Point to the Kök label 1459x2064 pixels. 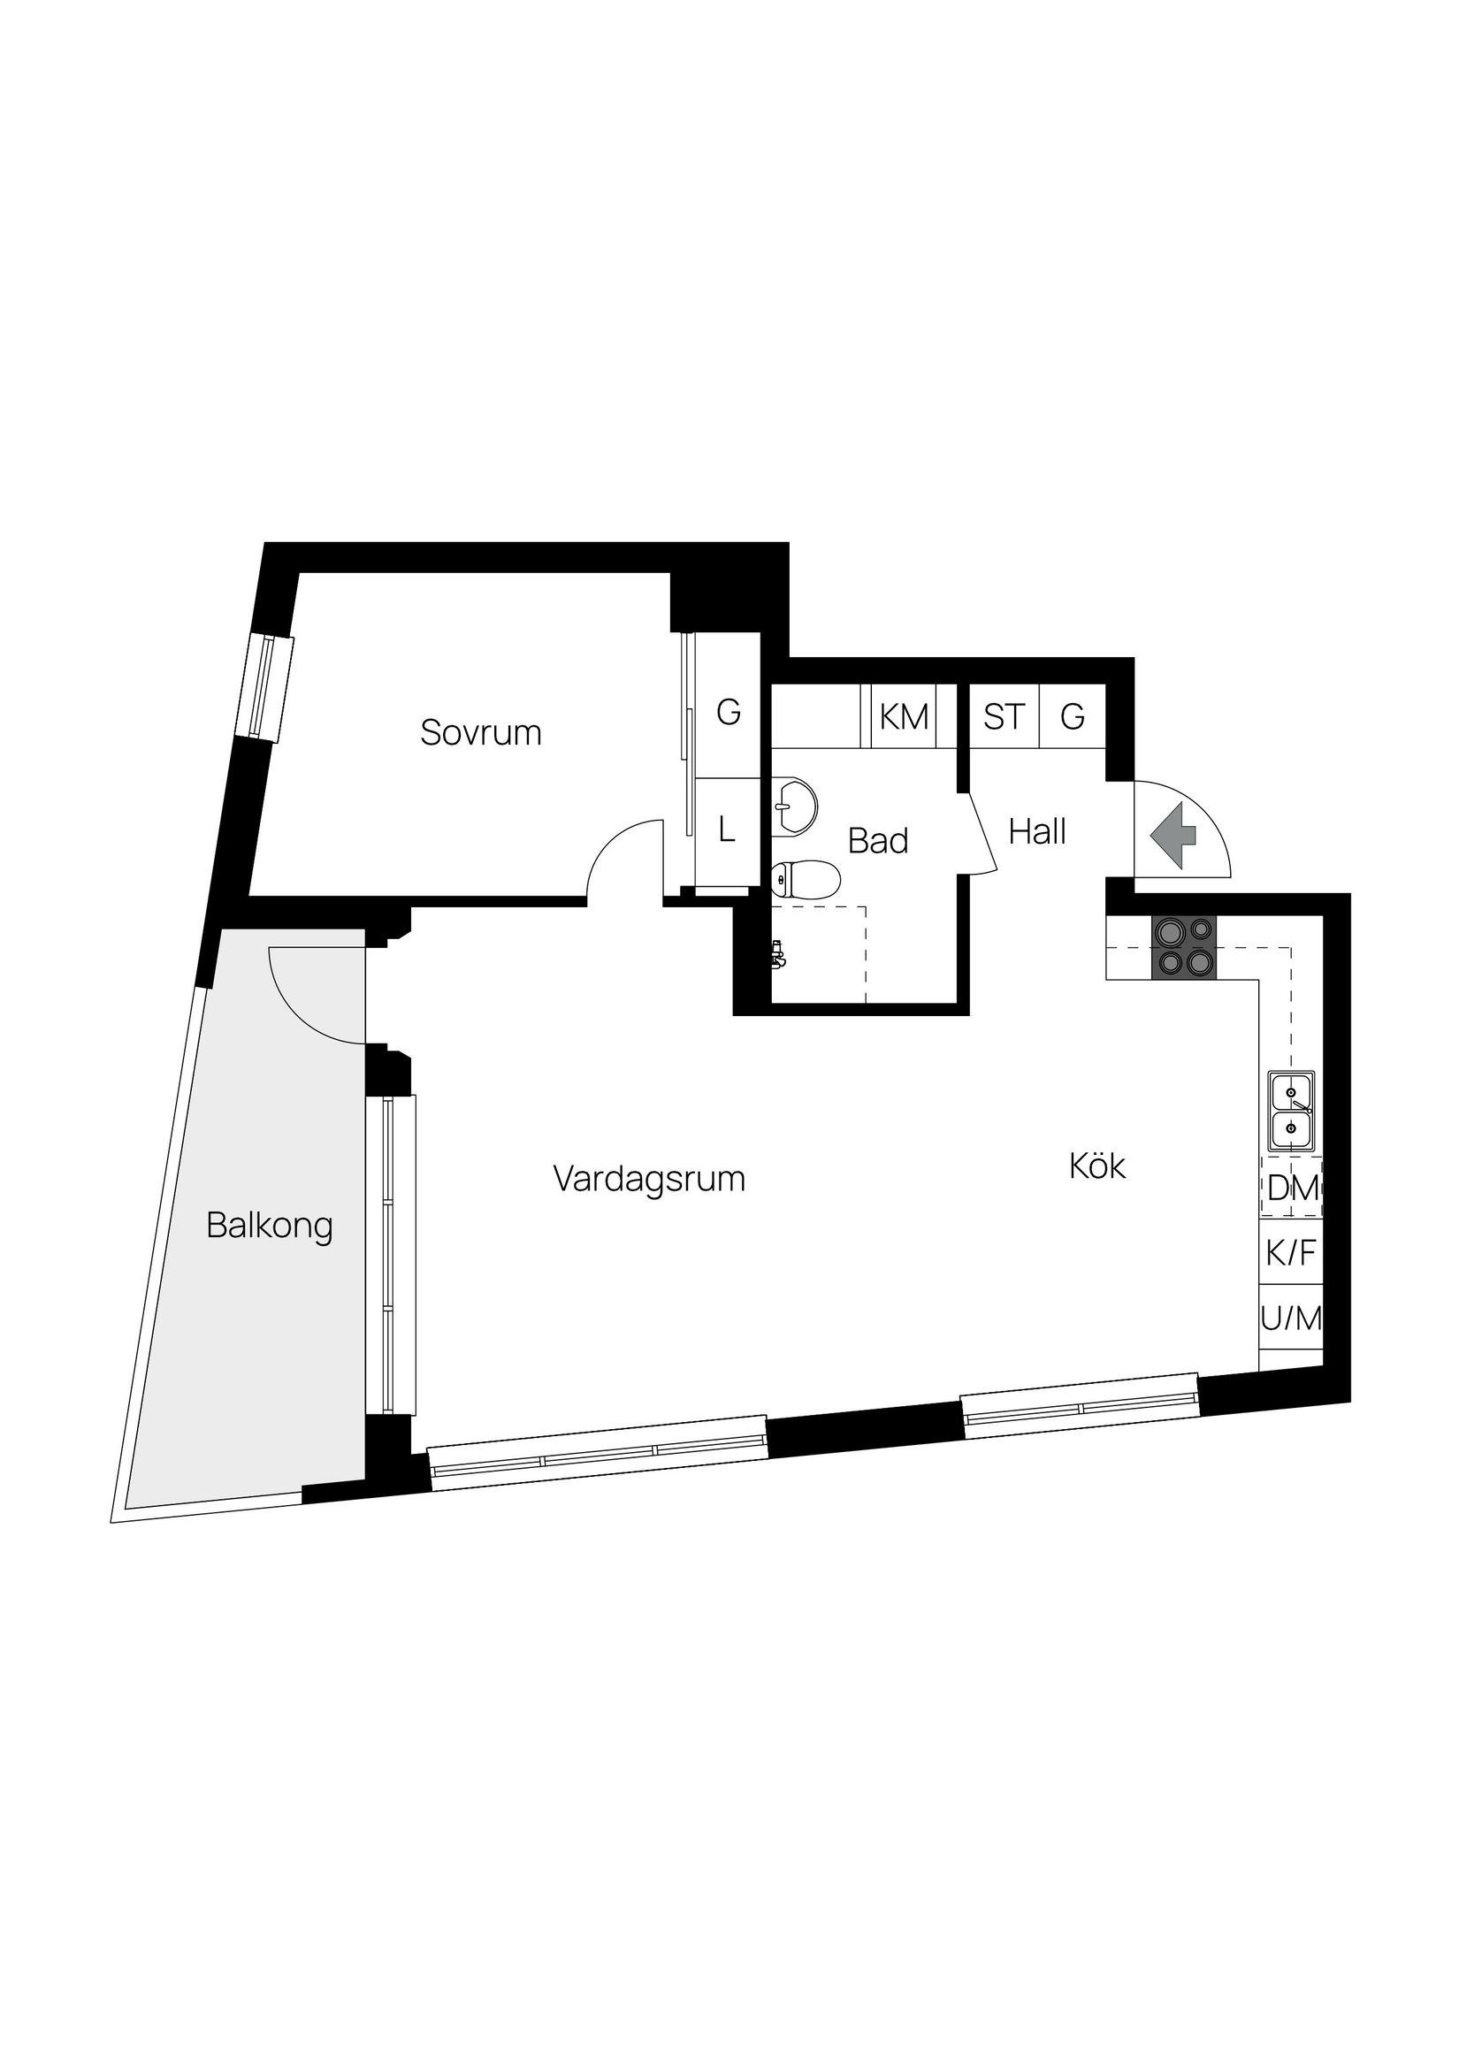click(1096, 1166)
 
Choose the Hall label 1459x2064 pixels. click(1036, 831)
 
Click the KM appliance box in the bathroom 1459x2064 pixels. click(904, 716)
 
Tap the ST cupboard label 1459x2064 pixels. click(1004, 716)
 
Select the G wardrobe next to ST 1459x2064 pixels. click(1072, 716)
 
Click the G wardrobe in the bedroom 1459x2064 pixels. click(728, 712)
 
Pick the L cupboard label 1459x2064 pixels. click(727, 829)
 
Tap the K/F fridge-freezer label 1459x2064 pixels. click(1291, 1252)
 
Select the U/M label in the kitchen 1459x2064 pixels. click(1291, 1319)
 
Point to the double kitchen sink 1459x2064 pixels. click(1291, 1110)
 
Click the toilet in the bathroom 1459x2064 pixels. click(805, 879)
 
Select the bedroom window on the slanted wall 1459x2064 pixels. click(266, 688)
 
